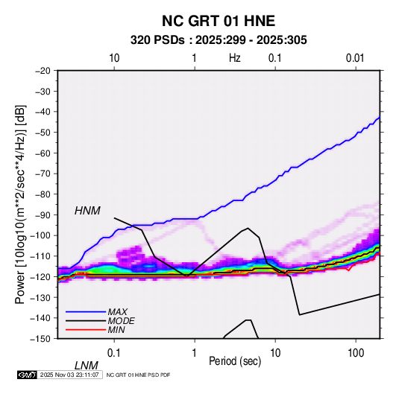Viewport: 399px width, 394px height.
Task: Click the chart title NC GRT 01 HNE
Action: (x=219, y=21)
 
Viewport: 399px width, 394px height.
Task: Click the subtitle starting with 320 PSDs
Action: (x=219, y=40)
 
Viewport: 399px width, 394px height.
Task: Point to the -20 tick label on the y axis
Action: (x=43, y=71)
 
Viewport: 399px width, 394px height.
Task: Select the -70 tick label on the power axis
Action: (x=43, y=174)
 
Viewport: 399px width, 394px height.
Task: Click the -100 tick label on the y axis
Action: (x=40, y=235)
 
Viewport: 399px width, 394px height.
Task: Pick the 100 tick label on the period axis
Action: (x=356, y=353)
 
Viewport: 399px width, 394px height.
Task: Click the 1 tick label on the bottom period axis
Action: (x=195, y=353)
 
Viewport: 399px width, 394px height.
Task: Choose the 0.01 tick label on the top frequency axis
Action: (x=355, y=58)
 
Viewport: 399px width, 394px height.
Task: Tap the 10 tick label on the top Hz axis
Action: (x=114, y=58)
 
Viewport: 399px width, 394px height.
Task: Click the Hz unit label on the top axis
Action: (x=235, y=58)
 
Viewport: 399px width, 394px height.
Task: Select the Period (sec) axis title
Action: (x=235, y=361)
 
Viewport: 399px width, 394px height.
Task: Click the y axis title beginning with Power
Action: (x=20, y=204)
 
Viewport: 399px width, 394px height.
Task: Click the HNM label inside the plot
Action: (x=87, y=211)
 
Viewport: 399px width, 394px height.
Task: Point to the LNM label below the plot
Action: (x=86, y=366)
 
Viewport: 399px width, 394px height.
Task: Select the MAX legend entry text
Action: (x=118, y=312)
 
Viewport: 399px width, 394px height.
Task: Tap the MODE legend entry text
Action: (x=121, y=321)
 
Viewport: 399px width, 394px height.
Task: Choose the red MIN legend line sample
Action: (x=86, y=330)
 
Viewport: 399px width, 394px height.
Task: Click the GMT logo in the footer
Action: (x=27, y=375)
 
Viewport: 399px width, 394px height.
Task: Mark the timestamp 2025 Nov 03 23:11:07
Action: (x=69, y=375)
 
